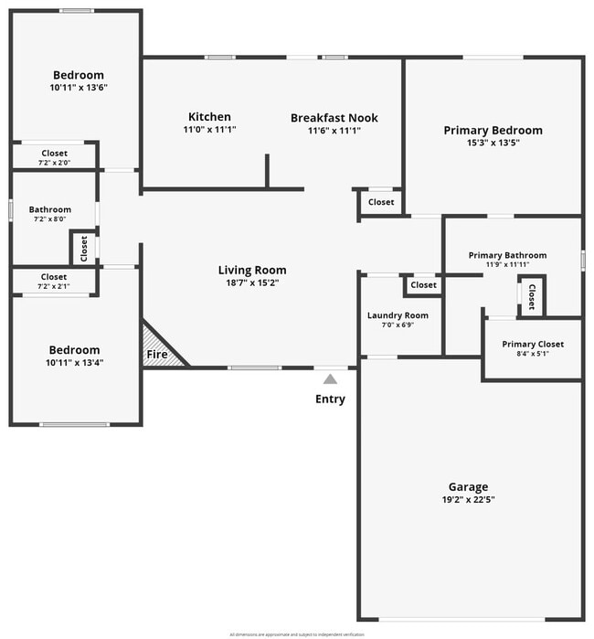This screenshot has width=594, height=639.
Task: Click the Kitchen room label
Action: click(209, 117)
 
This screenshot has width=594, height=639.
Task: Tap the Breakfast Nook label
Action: click(334, 118)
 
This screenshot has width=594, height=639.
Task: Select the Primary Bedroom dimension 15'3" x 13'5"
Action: click(493, 144)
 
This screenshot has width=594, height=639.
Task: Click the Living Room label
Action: click(251, 270)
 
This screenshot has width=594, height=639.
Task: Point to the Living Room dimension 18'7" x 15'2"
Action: click(251, 283)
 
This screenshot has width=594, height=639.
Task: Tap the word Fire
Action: click(157, 354)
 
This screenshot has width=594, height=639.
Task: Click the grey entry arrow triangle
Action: click(330, 378)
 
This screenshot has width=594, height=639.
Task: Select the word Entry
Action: click(330, 399)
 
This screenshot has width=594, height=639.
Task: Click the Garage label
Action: click(468, 486)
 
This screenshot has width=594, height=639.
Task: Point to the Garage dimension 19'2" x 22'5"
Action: click(468, 500)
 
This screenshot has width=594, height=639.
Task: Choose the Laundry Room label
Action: click(398, 315)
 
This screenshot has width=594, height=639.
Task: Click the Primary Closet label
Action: click(533, 344)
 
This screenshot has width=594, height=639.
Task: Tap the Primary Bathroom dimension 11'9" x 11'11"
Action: click(507, 264)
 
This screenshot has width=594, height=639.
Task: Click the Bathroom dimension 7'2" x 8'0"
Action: click(49, 219)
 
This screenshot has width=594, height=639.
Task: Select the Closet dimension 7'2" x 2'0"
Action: click(54, 163)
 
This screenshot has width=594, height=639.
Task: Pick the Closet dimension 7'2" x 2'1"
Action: click(54, 286)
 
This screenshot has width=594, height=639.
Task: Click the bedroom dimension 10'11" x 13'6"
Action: click(78, 89)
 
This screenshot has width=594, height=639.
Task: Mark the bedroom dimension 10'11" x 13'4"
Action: click(74, 362)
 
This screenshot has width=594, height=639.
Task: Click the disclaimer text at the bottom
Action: click(296, 634)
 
